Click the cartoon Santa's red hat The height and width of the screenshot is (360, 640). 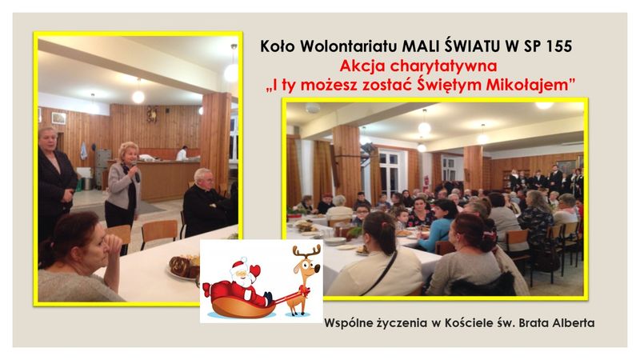pos(238,265)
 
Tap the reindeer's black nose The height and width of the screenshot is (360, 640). pos(317,269)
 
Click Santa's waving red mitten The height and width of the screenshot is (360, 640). pos(255,270)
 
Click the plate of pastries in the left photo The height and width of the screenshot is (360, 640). pos(184,267)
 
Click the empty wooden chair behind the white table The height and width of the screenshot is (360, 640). pos(159,234)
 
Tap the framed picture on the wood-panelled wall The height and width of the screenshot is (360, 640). pos(58,118)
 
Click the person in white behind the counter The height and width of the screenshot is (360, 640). pos(182,153)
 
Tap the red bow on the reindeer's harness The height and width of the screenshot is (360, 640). pos(304,290)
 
